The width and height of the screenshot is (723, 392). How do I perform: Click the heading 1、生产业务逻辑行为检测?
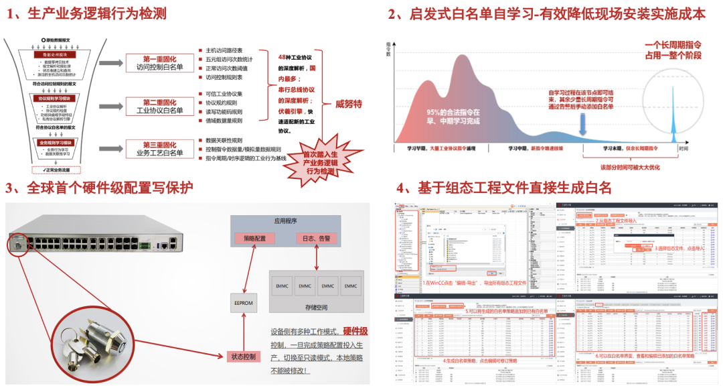click(87, 13)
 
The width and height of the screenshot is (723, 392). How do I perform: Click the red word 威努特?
click(349, 104)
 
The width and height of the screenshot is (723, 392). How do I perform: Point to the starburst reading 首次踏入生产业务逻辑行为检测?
click(321, 163)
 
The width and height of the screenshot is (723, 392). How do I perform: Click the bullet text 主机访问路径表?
click(224, 50)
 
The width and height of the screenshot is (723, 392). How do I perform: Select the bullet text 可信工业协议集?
click(224, 94)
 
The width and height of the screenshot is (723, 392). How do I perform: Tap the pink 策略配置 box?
click(254, 239)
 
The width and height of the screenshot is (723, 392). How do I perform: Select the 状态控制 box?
click(242, 356)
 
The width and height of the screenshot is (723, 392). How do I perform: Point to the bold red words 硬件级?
click(356, 331)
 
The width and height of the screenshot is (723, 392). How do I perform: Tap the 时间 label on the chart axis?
click(683, 148)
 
